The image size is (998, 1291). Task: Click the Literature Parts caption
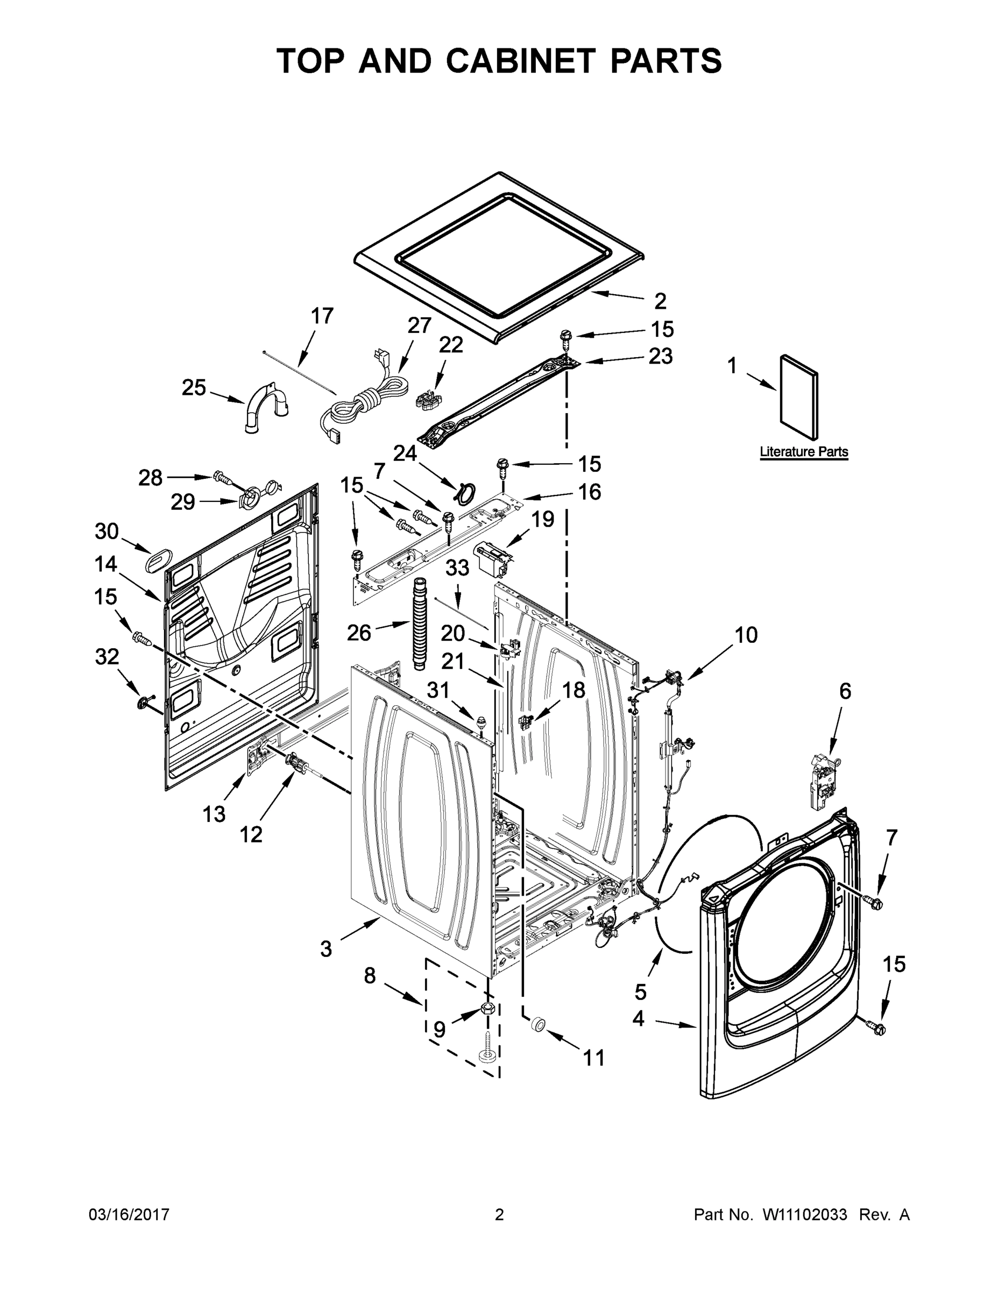pyautogui.click(x=803, y=452)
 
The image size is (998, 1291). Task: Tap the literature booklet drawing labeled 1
pyautogui.click(x=799, y=399)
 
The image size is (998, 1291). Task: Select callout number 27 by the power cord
pyautogui.click(x=419, y=325)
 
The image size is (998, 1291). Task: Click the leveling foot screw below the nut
pyautogui.click(x=488, y=1053)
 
